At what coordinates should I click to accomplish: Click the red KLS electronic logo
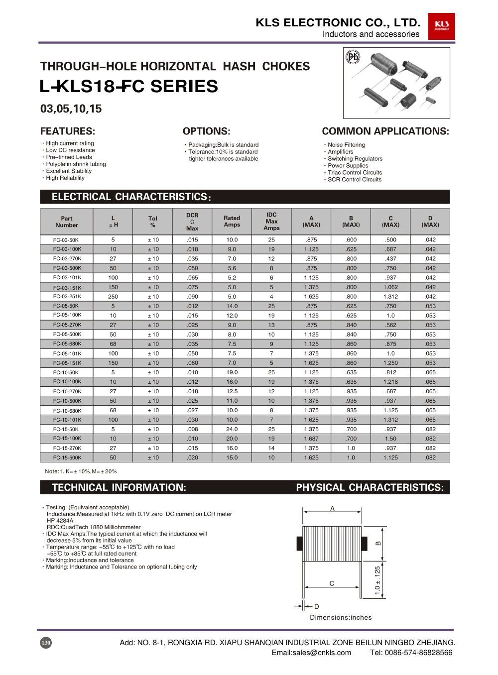pyautogui.click(x=441, y=26)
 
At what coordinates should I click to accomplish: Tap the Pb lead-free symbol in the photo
pyautogui.click(x=353, y=57)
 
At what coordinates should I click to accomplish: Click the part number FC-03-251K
pyautogui.click(x=67, y=297)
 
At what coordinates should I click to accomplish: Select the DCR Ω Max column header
pyautogui.click(x=192, y=222)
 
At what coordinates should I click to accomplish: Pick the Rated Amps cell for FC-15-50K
pyautogui.click(x=232, y=429)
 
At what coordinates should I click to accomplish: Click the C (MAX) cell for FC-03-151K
pyautogui.click(x=390, y=287)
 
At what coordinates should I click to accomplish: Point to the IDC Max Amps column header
pyautogui.click(x=271, y=222)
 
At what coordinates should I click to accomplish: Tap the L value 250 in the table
pyautogui.click(x=113, y=297)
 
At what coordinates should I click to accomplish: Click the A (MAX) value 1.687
pyautogui.click(x=311, y=439)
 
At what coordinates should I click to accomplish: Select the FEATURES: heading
pyautogui.click(x=68, y=131)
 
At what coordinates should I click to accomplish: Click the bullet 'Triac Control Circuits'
pyautogui.click(x=355, y=173)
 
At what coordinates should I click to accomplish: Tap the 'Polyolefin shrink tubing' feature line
pyautogui.click(x=76, y=164)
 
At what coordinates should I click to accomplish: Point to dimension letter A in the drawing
pyautogui.click(x=332, y=508)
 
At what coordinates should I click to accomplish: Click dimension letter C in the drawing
pyautogui.click(x=332, y=583)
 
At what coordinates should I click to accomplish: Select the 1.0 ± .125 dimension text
pyautogui.click(x=377, y=580)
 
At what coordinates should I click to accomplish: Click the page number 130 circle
pyautogui.click(x=46, y=643)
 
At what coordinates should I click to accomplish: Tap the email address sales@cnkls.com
pyautogui.click(x=311, y=653)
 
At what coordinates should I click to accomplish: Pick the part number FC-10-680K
pyautogui.click(x=67, y=411)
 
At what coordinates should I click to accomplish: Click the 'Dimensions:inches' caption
pyautogui.click(x=341, y=617)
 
